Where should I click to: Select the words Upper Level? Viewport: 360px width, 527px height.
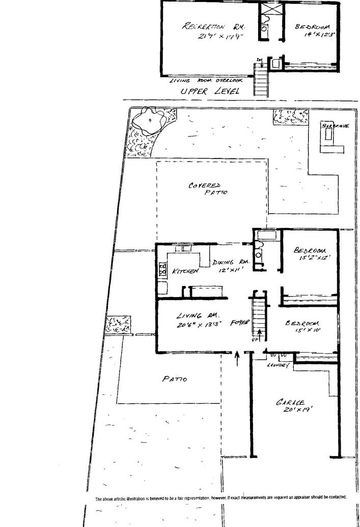pyautogui.click(x=204, y=92)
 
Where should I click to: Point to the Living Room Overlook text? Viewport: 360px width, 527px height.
pyautogui.click(x=206, y=81)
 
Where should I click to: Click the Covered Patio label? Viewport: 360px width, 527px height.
pyautogui.click(x=206, y=189)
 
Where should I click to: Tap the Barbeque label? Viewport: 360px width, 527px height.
pyautogui.click(x=335, y=125)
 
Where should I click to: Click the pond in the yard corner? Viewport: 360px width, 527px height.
pyautogui.click(x=148, y=121)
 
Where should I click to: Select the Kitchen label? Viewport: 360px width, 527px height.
pyautogui.click(x=185, y=272)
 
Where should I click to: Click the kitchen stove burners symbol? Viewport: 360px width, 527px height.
pyautogui.click(x=163, y=269)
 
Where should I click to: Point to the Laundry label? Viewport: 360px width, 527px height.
pyautogui.click(x=278, y=365)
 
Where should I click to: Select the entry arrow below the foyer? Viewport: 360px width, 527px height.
pyautogui.click(x=237, y=361)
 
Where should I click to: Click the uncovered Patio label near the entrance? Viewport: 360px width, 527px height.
pyautogui.click(x=175, y=379)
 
